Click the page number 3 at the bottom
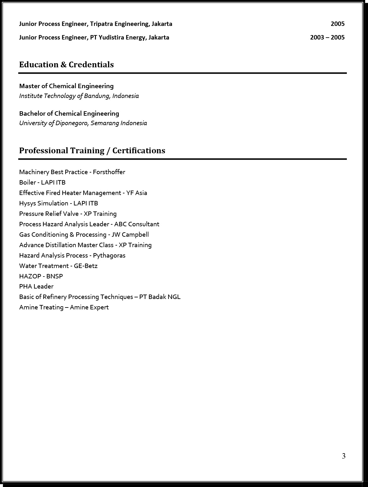click(343, 456)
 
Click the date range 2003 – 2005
click(327, 38)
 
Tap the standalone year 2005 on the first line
click(337, 24)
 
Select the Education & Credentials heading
click(66, 65)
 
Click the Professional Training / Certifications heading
click(92, 151)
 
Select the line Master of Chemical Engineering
click(66, 86)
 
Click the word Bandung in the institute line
click(97, 96)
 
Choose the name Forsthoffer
click(109, 172)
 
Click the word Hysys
click(27, 204)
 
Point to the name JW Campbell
click(130, 235)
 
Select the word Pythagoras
click(109, 256)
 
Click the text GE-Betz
click(86, 266)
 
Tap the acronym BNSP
click(54, 277)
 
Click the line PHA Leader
click(36, 287)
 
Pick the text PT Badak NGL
click(160, 297)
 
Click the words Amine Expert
click(89, 307)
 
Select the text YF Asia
click(136, 193)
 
